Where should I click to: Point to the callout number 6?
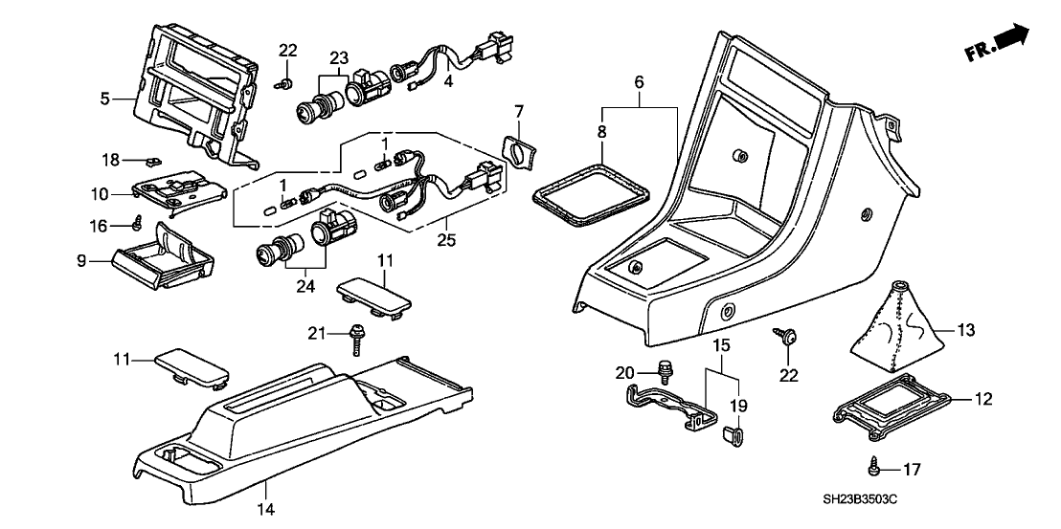640,83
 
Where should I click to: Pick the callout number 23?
338,56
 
